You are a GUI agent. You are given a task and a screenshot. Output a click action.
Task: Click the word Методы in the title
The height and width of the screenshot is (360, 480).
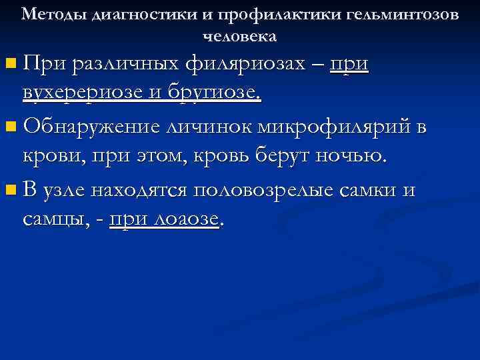point(47,15)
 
